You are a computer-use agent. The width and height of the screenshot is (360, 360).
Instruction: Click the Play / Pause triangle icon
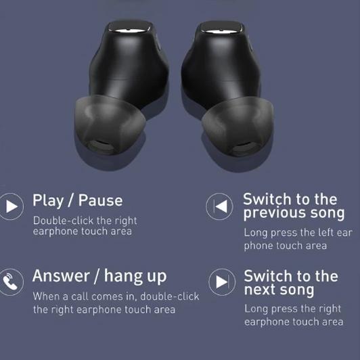click(x=12, y=206)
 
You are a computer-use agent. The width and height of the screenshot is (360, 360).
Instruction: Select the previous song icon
click(x=219, y=206)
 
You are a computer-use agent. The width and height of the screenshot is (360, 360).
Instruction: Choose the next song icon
click(x=219, y=281)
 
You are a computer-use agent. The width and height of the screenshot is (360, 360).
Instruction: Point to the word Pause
click(x=100, y=200)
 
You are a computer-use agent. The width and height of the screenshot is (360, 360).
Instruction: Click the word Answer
click(x=62, y=277)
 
